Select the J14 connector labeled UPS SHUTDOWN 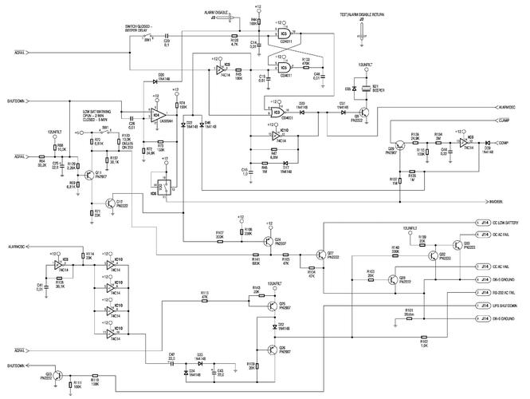(484, 306)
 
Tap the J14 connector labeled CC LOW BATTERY (484, 223)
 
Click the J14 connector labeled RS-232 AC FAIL (484, 293)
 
